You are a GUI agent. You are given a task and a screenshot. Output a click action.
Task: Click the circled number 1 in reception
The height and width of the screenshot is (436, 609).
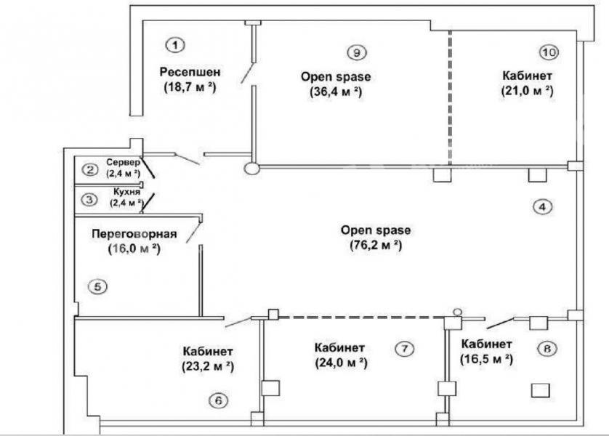tap(176, 46)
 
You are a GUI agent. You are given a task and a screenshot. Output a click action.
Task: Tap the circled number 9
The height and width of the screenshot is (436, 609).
tap(357, 52)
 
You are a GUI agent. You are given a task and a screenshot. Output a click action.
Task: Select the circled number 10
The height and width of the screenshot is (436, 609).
tap(549, 52)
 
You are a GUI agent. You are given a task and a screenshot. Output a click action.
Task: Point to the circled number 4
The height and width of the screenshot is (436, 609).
tap(543, 206)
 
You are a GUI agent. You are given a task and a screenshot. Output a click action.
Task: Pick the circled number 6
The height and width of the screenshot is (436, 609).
tap(218, 400)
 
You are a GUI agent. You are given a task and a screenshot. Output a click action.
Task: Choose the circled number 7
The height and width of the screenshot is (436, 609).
tap(404, 349)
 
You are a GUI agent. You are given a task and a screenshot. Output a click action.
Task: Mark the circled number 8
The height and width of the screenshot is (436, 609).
tap(547, 349)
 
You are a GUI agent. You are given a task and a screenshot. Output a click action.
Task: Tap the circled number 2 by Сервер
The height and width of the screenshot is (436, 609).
tap(90, 169)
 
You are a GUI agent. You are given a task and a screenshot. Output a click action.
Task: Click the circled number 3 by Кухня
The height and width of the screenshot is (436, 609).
tap(89, 200)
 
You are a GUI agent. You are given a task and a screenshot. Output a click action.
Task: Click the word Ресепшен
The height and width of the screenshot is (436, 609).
tap(190, 72)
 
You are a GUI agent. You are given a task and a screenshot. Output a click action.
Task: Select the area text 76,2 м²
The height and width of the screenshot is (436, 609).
tap(376, 246)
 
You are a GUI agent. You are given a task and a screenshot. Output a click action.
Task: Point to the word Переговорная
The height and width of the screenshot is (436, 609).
tap(134, 234)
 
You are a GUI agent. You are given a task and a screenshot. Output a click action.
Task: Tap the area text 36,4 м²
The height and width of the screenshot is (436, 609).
tap(336, 92)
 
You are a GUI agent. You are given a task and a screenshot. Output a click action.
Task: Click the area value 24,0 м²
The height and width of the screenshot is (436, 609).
tap(341, 363)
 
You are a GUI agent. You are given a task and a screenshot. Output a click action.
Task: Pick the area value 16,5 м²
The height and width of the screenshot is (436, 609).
tap(486, 360)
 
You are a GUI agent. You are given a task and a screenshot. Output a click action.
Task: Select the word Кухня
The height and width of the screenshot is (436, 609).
tap(127, 192)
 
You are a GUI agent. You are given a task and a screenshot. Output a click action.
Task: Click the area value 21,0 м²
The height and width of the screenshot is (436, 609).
tap(527, 91)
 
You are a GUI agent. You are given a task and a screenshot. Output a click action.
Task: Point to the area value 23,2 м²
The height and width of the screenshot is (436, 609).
tap(208, 366)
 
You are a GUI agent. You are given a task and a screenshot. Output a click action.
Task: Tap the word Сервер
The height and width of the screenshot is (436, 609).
tap(123, 162)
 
